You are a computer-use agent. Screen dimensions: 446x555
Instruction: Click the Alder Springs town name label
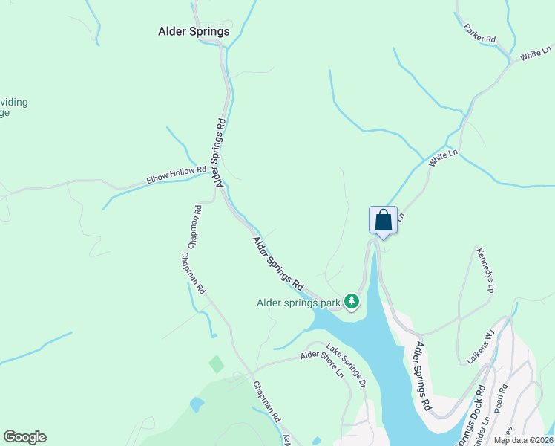194,32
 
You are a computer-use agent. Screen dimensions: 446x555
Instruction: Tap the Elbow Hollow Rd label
176,175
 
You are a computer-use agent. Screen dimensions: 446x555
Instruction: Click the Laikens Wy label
480,346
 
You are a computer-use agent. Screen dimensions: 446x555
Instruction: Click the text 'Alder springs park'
298,303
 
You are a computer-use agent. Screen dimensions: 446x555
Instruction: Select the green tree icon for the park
351,302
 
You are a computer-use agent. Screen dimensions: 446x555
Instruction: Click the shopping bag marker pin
383,221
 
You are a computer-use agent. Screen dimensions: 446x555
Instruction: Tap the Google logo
24,437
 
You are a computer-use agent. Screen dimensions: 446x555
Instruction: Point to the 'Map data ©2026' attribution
524,440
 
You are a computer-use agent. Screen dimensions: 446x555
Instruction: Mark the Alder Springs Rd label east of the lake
423,375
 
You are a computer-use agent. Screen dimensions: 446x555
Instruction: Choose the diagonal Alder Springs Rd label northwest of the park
278,263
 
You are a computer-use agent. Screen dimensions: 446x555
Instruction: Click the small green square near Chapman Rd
216,364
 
